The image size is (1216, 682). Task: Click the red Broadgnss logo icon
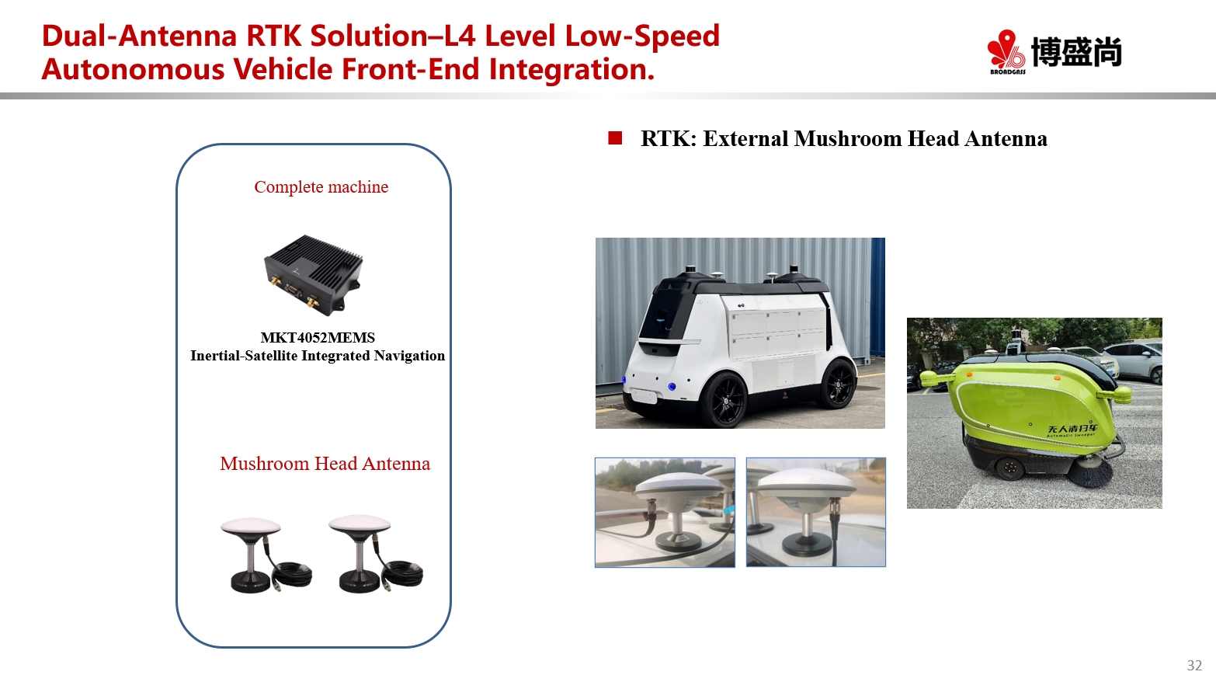pos(1006,50)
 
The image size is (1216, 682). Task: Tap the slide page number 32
pos(1194,665)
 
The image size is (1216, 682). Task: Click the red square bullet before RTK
pos(615,138)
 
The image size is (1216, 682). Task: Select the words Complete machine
pos(321,186)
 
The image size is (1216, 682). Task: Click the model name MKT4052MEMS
pos(318,337)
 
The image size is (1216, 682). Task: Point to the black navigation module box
pos(314,275)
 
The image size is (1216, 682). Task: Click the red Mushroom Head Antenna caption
pos(325,463)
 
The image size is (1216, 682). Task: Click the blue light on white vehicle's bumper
pos(672,387)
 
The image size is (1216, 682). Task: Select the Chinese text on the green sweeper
pos(1072,428)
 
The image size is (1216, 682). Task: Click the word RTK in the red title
pos(273,36)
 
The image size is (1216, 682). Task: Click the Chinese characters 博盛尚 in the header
pos(1076,51)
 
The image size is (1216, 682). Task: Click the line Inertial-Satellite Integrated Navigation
pos(318,356)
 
